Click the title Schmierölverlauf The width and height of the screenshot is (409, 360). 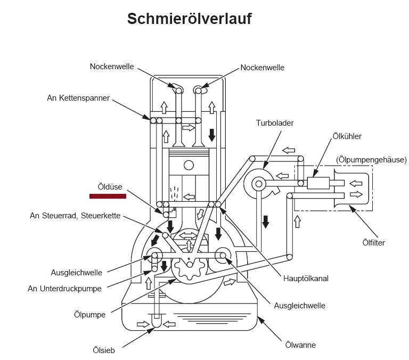click(189, 19)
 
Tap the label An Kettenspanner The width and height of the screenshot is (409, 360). click(78, 99)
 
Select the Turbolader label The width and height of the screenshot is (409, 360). click(275, 123)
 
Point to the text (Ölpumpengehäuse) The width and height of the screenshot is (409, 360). click(371, 159)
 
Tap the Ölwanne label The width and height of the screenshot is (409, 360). click(300, 345)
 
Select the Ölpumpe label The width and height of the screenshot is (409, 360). click(90, 314)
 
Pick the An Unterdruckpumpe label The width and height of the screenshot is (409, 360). click(64, 289)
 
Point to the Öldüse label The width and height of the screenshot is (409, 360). click(110, 187)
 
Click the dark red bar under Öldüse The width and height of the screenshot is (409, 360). click(108, 197)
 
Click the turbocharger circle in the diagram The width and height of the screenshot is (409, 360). click(259, 184)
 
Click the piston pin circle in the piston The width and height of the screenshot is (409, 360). click(187, 163)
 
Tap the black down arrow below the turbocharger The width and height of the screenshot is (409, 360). click(265, 219)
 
